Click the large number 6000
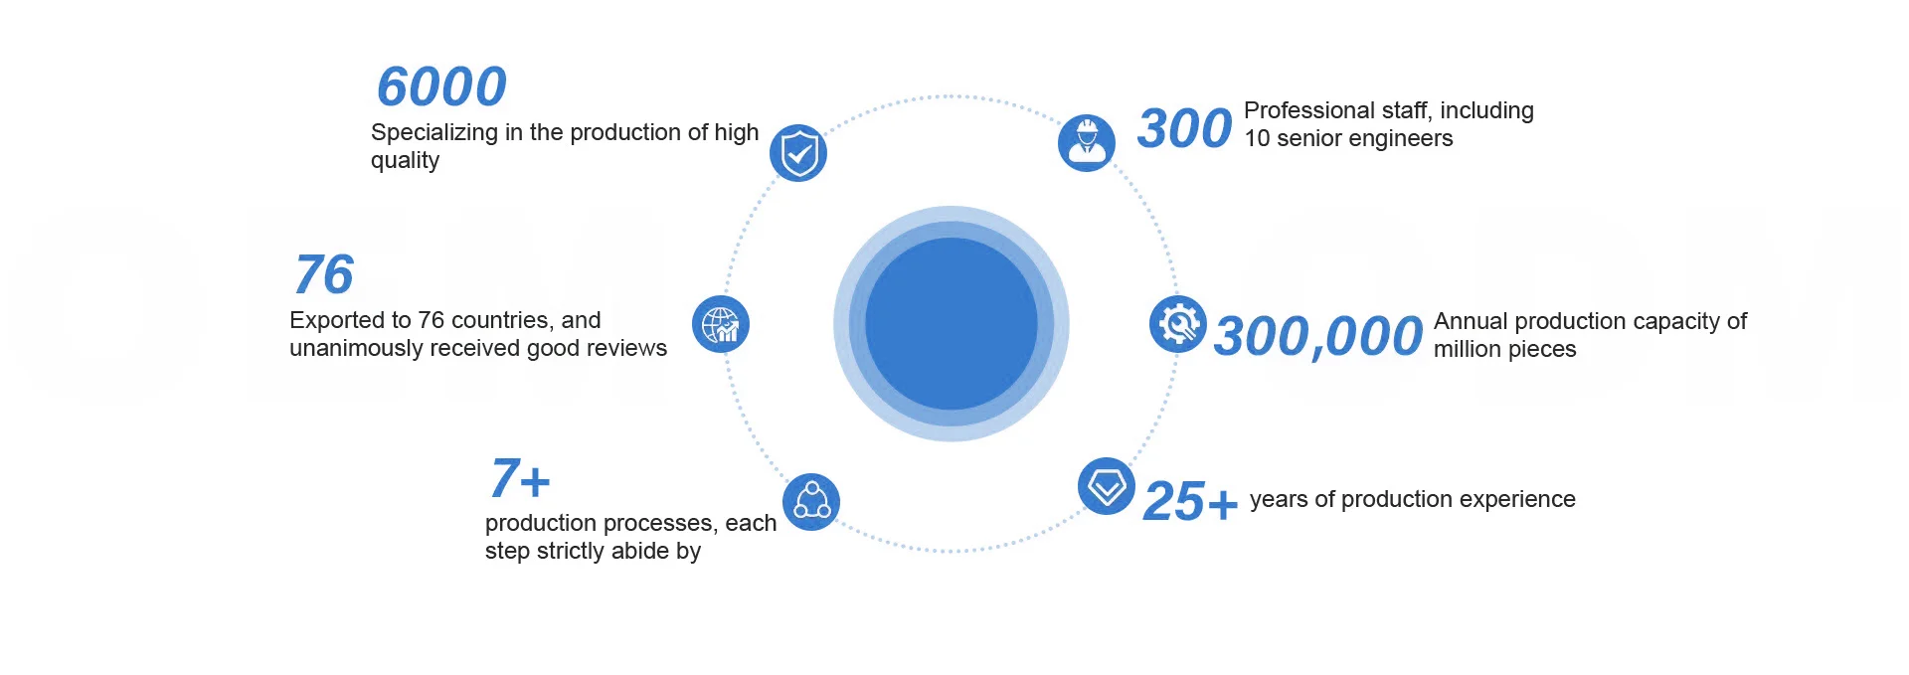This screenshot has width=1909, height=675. (x=441, y=86)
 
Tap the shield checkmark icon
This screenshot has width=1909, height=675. (x=798, y=153)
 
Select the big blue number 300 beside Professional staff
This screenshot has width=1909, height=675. (x=1184, y=129)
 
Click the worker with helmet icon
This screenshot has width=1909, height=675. (x=1087, y=143)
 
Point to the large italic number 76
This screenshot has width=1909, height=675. (x=324, y=274)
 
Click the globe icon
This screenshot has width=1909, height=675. (x=721, y=324)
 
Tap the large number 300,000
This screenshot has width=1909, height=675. (x=1318, y=336)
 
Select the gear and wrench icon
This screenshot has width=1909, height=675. (x=1178, y=324)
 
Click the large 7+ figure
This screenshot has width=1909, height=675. (x=519, y=479)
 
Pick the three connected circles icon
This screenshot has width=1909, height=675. (x=811, y=501)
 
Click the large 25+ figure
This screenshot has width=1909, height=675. (x=1190, y=501)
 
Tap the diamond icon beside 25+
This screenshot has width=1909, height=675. (x=1107, y=486)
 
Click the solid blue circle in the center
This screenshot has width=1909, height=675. (x=952, y=324)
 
